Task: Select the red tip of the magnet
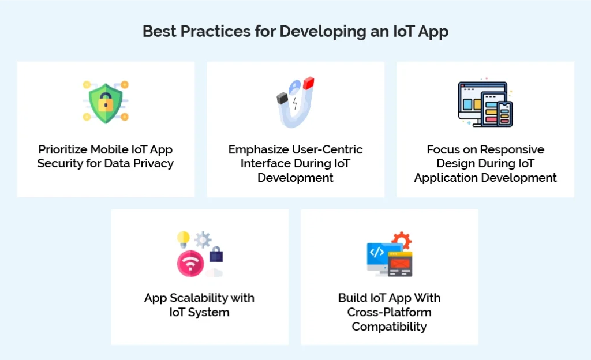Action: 308,82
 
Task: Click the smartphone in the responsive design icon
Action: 505,114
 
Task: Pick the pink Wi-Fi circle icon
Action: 190,262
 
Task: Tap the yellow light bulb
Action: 184,238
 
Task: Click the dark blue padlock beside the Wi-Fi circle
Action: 216,254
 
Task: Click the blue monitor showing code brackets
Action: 378,254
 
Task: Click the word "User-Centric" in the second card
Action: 328,149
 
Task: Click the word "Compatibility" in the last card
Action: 389,327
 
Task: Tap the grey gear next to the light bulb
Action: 203,239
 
